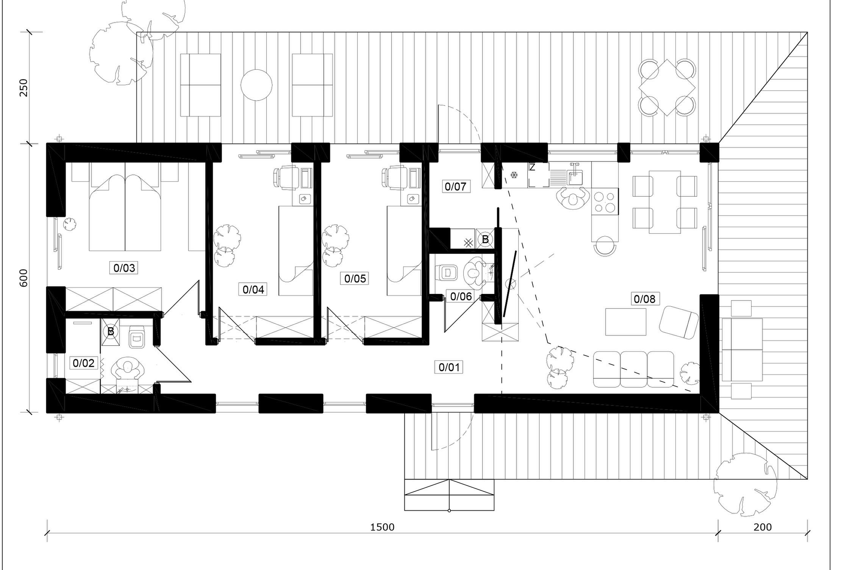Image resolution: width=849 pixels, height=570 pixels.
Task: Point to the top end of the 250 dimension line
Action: click(x=29, y=32)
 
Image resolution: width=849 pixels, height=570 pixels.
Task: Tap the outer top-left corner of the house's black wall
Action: click(x=47, y=143)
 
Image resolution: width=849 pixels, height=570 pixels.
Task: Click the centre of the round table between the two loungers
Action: click(x=256, y=85)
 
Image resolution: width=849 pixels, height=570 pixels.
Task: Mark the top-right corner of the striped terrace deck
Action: click(x=807, y=32)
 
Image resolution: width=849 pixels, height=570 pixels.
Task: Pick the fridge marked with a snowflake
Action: click(x=514, y=175)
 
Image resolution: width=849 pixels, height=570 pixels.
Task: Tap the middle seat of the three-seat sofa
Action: click(x=633, y=369)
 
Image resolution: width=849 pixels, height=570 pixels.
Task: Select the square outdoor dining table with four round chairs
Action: click(x=667, y=87)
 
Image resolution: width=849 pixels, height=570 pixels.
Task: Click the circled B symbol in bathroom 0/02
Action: click(x=110, y=331)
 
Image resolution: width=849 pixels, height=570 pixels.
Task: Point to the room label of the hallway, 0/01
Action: click(x=449, y=367)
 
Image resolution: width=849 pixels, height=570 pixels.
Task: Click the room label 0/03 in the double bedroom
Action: click(x=124, y=268)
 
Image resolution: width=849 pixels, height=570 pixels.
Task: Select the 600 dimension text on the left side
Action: click(x=23, y=278)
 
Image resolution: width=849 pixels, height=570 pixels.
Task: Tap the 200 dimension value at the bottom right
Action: click(x=763, y=527)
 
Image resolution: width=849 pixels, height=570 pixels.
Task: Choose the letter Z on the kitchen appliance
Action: click(x=532, y=167)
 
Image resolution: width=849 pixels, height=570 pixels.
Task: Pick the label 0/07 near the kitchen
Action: click(x=455, y=186)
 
